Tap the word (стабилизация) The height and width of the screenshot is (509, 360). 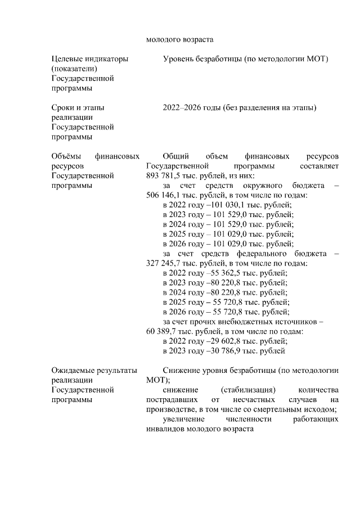tap(248, 390)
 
